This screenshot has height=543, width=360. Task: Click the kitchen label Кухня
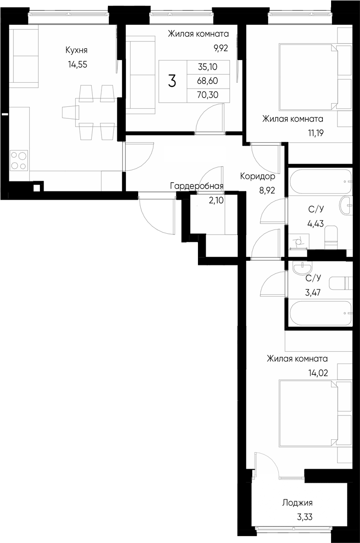(x=76, y=50)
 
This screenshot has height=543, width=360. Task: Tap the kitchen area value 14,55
(x=77, y=64)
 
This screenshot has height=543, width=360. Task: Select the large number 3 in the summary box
(x=172, y=82)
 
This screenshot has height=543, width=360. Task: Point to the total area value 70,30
(x=208, y=95)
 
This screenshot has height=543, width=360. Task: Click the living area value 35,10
(x=208, y=67)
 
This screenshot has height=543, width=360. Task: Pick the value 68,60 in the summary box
(x=208, y=81)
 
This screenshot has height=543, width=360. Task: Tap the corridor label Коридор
(x=258, y=176)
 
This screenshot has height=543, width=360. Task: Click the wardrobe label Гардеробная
(x=197, y=186)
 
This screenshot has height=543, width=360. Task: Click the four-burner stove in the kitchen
(x=19, y=160)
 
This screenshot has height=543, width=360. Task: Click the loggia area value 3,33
(x=305, y=517)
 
